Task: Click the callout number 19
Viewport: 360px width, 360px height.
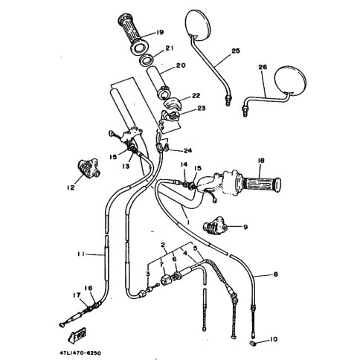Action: (160, 32)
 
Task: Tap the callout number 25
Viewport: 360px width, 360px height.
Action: (236, 51)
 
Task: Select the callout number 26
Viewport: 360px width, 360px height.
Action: (263, 67)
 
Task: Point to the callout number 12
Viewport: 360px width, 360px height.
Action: (71, 187)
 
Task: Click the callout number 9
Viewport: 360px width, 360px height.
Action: (245, 227)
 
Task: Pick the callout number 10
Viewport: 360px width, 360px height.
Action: (273, 339)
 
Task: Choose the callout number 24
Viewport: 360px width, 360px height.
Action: (187, 150)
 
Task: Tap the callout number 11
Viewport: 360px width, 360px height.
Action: (81, 254)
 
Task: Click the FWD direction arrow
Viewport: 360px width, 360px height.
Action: (77, 335)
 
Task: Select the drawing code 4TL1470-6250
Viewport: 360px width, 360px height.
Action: (80, 353)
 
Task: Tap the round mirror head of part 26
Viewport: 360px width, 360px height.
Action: (291, 80)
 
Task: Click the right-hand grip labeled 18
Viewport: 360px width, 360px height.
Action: (262, 184)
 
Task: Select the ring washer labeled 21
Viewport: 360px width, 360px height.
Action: (146, 60)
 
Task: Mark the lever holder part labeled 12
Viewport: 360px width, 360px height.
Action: (89, 169)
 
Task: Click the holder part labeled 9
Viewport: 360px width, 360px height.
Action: (215, 225)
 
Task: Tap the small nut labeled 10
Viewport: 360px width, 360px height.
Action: (252, 343)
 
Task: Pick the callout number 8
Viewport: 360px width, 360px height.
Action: (275, 274)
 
